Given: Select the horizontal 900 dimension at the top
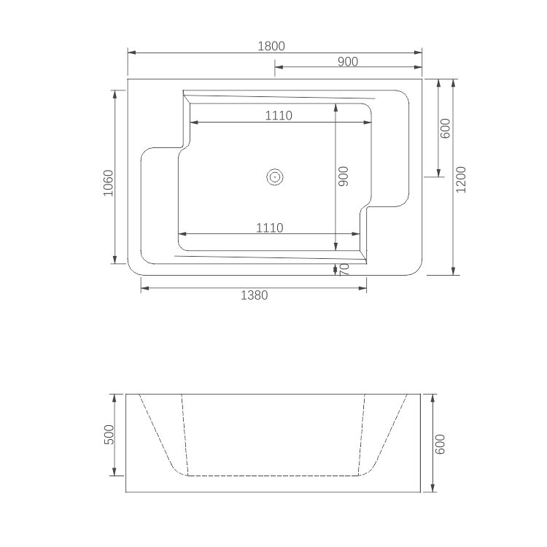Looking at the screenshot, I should [x=348, y=61].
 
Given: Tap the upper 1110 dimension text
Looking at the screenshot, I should [x=279, y=115].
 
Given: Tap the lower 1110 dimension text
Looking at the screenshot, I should [x=269, y=228].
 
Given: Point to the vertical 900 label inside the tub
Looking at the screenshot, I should [x=344, y=176].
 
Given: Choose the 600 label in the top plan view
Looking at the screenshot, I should [x=446, y=128].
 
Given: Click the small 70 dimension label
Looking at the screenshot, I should [x=345, y=269].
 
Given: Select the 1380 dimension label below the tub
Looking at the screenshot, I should [x=255, y=295].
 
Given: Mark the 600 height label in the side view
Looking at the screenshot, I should [x=439, y=443].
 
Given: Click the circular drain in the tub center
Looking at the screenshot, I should [x=274, y=176].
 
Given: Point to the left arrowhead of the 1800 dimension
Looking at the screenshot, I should [x=131, y=53].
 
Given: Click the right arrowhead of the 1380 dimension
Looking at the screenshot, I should [x=364, y=288].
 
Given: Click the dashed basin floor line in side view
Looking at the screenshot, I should [x=273, y=476].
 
